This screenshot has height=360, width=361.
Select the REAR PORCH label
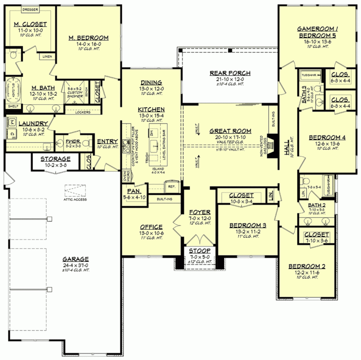pyautogui.click(x=230, y=73)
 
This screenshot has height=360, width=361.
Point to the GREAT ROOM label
pyautogui.click(x=230, y=131)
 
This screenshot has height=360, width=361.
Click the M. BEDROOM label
pyautogui.click(x=88, y=38)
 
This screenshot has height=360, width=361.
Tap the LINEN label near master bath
pyautogui.click(x=47, y=56)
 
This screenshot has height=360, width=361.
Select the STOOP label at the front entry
pyautogui.click(x=200, y=251)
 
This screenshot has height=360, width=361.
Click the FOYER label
pyautogui.click(x=200, y=212)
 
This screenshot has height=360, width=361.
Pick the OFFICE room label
pyautogui.click(x=151, y=227)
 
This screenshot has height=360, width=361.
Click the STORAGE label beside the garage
pyautogui.click(x=55, y=159)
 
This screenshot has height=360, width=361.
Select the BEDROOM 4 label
pyautogui.click(x=327, y=137)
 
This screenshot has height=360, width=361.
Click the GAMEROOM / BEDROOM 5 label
pyautogui.click(x=317, y=31)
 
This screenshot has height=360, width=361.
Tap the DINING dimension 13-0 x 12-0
pyautogui.click(x=151, y=88)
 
